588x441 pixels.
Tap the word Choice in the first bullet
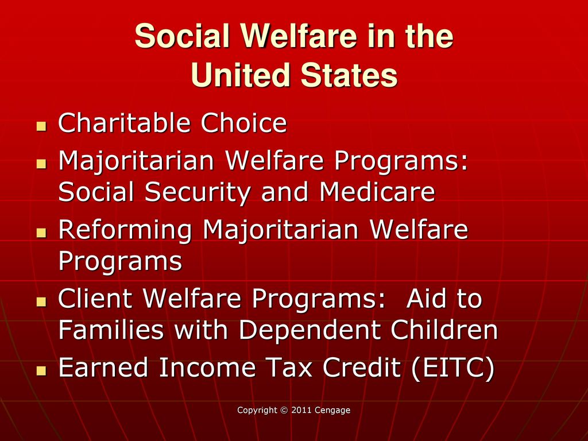click(243, 123)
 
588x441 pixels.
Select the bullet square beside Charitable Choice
click(41, 126)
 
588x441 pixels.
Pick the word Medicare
click(377, 192)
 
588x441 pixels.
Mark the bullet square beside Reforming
click(41, 233)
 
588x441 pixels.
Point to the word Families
click(111, 330)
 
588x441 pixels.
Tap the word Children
click(444, 330)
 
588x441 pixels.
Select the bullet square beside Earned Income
click(41, 371)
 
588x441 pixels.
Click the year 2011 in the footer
click(301, 410)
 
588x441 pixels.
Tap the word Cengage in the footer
click(332, 411)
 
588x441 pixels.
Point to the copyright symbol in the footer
click(284, 410)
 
